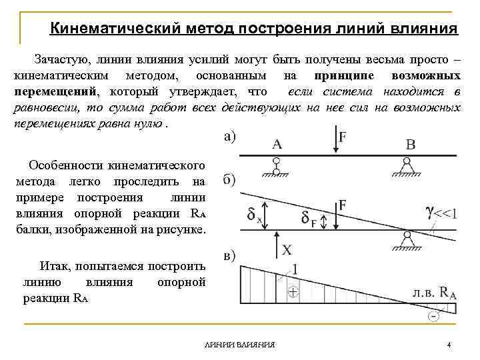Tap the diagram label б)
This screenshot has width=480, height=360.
tap(229, 181)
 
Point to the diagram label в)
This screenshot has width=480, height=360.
tap(229, 256)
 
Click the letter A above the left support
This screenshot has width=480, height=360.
tap(277, 143)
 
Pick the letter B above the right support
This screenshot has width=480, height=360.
tap(410, 144)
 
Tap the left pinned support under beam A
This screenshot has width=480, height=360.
tap(276, 167)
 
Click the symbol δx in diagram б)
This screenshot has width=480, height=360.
tap(254, 215)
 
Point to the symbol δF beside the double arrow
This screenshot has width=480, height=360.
tap(307, 219)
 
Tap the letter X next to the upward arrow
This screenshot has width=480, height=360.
tap(287, 249)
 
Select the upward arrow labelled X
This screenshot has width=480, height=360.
tap(275, 247)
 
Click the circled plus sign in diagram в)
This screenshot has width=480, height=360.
tap(293, 292)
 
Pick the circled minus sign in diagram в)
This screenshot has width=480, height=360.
tap(434, 316)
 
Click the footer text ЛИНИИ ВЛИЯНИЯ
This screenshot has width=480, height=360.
tap(241, 345)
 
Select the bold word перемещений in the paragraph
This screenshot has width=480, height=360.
tap(55, 91)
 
